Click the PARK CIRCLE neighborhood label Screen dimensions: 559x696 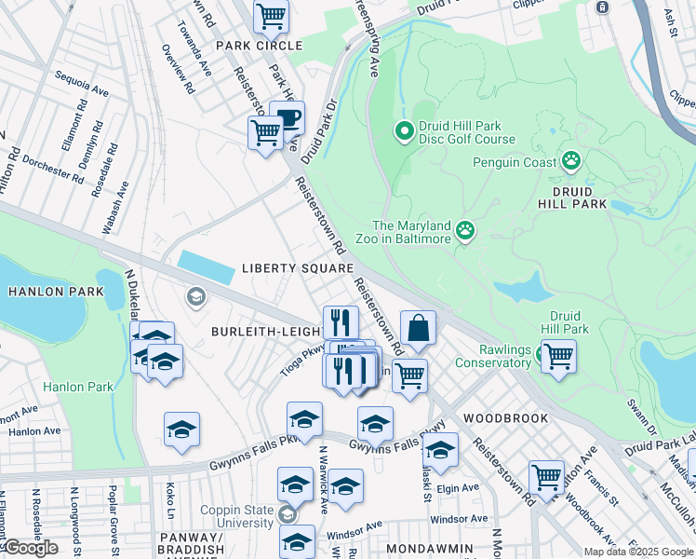tap(259, 46)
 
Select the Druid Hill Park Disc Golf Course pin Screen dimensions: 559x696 tap(404, 131)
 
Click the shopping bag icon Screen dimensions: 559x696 tap(419, 328)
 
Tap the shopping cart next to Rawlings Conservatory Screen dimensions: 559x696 tap(558, 355)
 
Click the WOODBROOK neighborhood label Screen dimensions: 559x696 tap(506, 418)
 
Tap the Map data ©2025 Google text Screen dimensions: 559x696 tap(636, 552)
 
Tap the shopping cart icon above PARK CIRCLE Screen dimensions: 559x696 tap(271, 15)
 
